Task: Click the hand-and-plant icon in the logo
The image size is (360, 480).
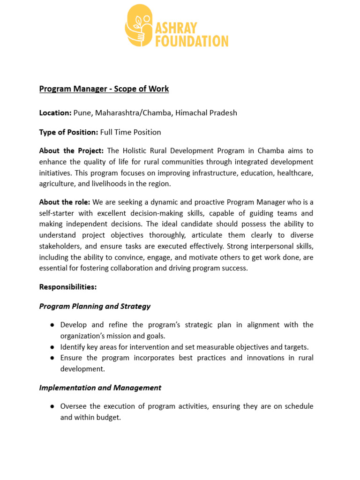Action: pos(139,26)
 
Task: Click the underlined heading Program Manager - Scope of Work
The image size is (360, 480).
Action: pos(104,89)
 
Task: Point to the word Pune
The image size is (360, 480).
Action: pos(82,113)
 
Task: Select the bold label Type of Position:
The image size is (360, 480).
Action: pos(68,132)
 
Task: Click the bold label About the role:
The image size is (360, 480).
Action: pos(65,202)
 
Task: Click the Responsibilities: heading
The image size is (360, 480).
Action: pos(67,286)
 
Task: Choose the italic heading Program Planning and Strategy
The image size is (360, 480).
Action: pos(95,306)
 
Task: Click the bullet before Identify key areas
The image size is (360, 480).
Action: pos(52,347)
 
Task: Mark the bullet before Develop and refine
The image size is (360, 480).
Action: pos(52,325)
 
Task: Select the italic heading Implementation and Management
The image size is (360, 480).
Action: pos(100,388)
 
